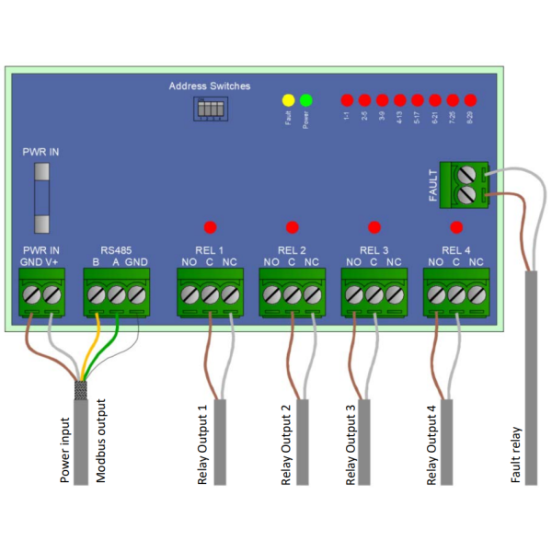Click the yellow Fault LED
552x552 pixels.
[288, 99]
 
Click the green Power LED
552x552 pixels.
[305, 99]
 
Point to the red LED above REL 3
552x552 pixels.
[374, 226]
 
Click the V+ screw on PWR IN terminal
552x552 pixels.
[53, 294]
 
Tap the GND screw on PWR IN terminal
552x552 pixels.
[32, 294]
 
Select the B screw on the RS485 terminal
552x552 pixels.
[97, 294]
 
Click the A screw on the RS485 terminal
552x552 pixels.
[117, 294]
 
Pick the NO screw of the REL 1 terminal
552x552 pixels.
[189, 294]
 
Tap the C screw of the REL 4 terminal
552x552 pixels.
[455, 294]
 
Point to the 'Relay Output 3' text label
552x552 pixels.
[351, 444]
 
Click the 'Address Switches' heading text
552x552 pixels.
[209, 86]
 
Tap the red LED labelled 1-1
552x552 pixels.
[347, 99]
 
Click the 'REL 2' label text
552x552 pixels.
[292, 249]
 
